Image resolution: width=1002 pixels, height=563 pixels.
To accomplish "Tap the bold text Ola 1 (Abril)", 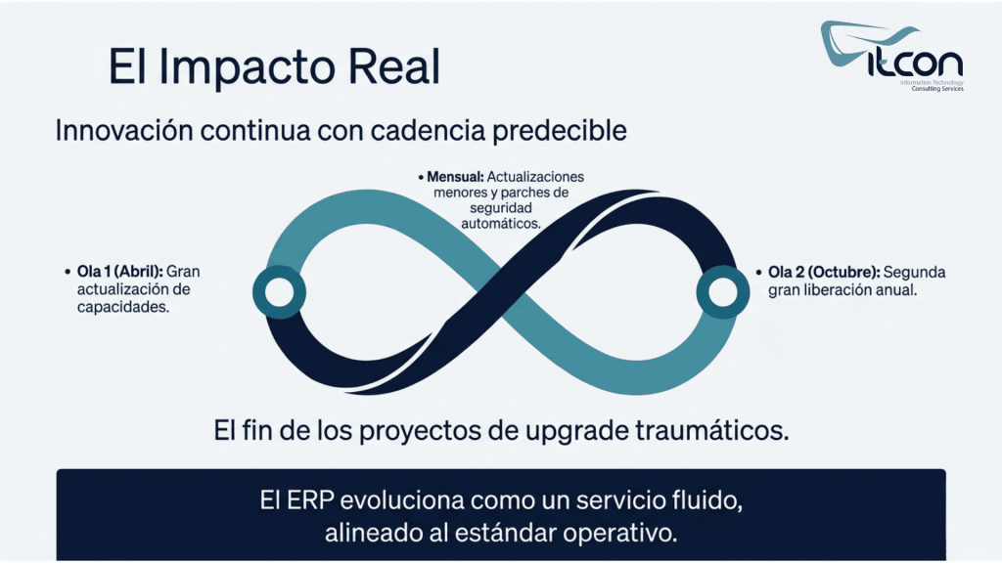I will point(120,271).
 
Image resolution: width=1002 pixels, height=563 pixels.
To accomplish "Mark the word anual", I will point(891,289).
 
